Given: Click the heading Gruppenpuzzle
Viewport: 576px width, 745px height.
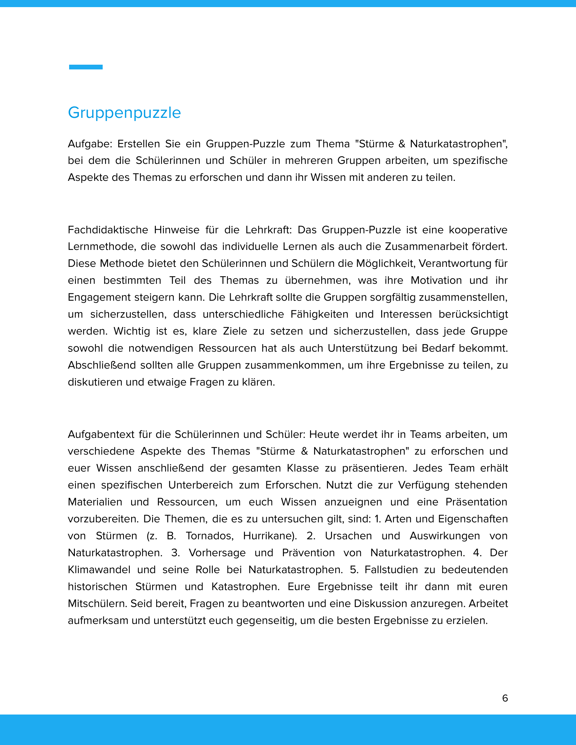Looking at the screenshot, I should tap(124, 113).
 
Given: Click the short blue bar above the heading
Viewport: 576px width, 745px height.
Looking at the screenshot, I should tap(86, 67).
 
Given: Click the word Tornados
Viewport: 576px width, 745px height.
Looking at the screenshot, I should tap(209, 536).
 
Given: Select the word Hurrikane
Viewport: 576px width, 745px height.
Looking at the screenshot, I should tap(269, 536).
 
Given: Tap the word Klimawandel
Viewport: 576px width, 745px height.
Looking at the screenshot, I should tap(99, 570).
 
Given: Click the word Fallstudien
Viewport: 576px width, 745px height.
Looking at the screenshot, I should tap(391, 570).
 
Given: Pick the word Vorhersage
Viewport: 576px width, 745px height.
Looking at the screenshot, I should tap(217, 553).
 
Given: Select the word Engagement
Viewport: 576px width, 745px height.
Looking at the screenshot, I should tap(99, 297).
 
